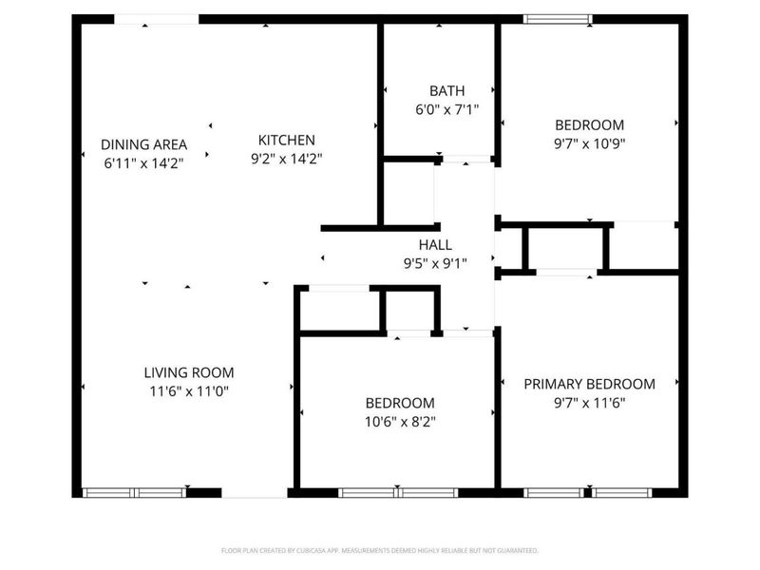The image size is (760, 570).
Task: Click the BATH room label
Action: [446, 91]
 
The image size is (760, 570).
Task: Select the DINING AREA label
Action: [143, 145]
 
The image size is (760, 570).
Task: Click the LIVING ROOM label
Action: [188, 372]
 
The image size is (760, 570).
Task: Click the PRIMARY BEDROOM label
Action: [589, 384]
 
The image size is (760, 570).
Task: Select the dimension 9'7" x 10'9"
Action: [589, 144]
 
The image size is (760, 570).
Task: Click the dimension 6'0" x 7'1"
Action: [446, 109]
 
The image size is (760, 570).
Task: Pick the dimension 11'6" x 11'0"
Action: [188, 390]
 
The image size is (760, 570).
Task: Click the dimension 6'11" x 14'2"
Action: [143, 163]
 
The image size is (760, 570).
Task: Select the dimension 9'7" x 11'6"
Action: [589, 402]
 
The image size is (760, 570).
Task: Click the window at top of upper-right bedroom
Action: [559, 19]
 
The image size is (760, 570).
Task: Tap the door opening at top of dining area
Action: [157, 19]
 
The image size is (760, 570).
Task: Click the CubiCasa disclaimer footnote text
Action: [380, 550]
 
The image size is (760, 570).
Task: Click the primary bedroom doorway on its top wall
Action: [564, 273]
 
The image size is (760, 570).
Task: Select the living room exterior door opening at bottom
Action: [254, 492]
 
